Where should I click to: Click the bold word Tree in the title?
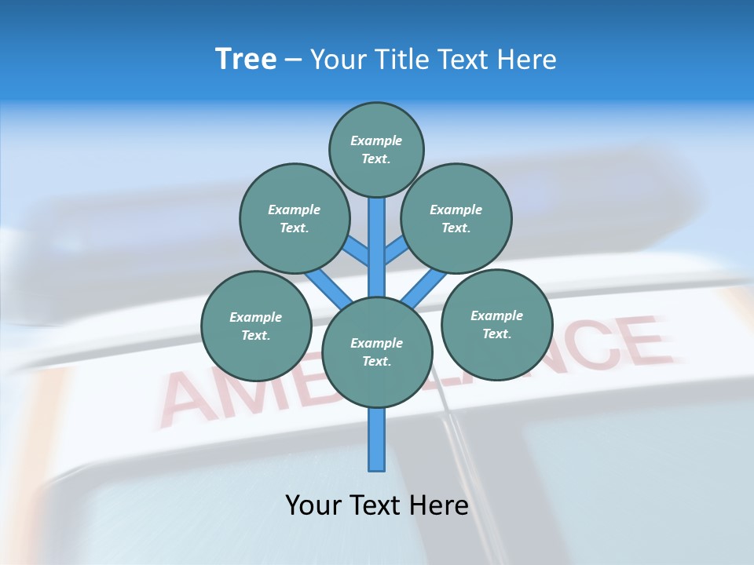[x=246, y=59]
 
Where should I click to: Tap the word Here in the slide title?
[x=527, y=59]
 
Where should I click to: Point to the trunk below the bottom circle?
[x=377, y=439]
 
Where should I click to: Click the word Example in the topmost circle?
[x=376, y=140]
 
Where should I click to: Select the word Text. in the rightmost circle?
[x=496, y=334]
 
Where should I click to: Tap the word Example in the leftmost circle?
[x=255, y=317]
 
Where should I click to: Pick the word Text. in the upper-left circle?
[x=294, y=228]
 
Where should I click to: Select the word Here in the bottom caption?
[x=441, y=505]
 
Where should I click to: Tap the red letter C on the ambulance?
[x=585, y=348]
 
